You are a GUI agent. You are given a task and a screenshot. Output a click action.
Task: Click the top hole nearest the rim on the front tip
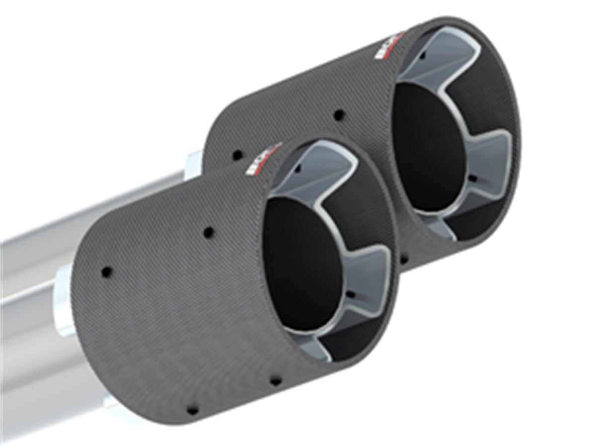coord(209,232)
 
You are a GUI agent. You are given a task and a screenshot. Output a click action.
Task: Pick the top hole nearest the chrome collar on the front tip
coord(106,272)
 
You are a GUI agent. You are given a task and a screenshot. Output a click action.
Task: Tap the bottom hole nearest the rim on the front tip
coord(275,380)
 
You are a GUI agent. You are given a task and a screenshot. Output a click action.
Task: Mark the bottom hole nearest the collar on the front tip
coord(192,410)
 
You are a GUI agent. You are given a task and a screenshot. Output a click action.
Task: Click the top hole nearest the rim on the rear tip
coord(339,115)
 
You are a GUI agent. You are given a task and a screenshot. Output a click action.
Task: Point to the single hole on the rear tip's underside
coord(403,260)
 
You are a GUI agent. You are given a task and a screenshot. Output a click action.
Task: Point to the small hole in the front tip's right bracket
coord(351,295)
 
